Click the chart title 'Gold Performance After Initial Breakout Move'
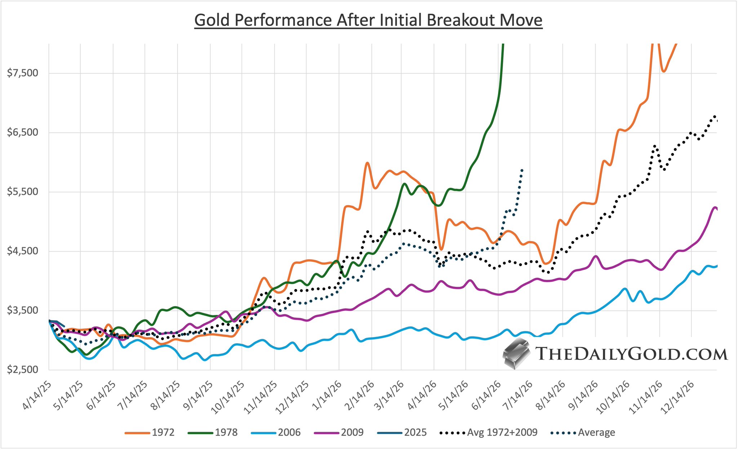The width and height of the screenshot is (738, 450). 368,20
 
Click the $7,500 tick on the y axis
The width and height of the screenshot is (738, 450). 23,73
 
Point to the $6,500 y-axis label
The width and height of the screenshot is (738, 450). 23,132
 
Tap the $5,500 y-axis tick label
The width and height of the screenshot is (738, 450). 23,192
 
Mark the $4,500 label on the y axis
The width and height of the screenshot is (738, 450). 23,251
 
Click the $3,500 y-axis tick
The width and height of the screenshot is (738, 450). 23,310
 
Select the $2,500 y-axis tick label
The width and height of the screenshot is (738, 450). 23,369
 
